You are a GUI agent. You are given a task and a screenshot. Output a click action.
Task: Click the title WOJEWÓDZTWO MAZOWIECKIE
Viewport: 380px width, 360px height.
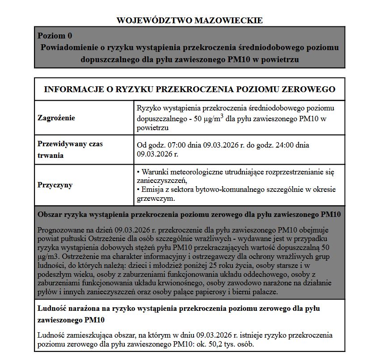pos(190,21)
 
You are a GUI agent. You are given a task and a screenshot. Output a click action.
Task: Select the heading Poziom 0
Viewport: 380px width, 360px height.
pos(55,36)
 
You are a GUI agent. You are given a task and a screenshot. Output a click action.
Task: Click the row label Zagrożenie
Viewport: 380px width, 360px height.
pos(56,118)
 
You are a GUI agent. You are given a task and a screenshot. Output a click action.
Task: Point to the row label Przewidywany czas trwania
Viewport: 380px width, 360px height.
pos(70,150)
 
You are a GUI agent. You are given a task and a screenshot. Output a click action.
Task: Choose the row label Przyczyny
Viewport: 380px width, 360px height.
pos(55,185)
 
